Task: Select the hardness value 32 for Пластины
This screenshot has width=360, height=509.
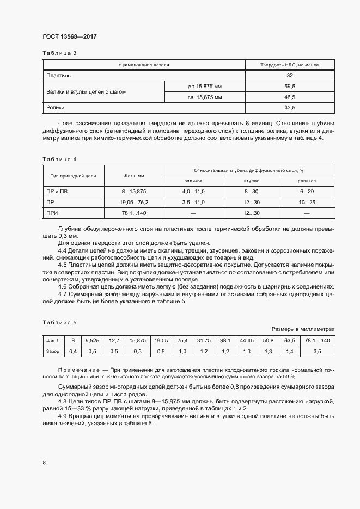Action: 290,76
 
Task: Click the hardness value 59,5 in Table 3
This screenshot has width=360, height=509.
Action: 290,87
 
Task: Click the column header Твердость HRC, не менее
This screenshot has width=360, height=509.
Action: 290,65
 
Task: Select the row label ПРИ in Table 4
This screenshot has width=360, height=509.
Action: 52,213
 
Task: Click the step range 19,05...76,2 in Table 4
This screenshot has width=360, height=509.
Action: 133,202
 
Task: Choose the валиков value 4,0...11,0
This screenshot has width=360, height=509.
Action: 193,192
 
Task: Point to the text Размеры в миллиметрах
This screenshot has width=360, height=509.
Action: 303,329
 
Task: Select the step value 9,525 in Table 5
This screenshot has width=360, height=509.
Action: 92,340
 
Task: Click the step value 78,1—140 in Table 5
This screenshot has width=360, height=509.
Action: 318,340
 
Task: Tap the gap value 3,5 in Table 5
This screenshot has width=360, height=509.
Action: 318,352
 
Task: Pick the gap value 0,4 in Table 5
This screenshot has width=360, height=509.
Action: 72,352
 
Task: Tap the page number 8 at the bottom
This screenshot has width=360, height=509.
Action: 44,463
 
